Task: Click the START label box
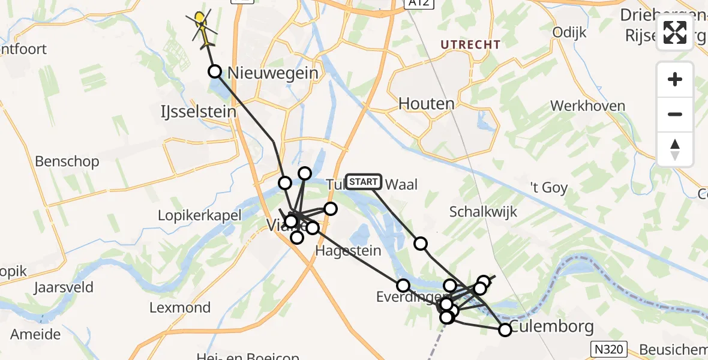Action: click(x=364, y=181)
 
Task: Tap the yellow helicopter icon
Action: click(x=202, y=27)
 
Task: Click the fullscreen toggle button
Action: click(x=675, y=32)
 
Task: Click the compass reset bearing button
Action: click(x=675, y=149)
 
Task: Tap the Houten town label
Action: click(x=427, y=104)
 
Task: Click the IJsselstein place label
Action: click(x=198, y=112)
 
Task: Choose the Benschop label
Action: click(x=67, y=161)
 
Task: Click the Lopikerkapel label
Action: click(x=199, y=215)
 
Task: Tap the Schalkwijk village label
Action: click(x=483, y=211)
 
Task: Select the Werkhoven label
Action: click(x=587, y=106)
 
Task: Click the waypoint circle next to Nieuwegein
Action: click(x=215, y=72)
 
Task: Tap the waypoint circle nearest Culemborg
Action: click(x=505, y=329)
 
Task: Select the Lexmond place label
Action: click(x=180, y=308)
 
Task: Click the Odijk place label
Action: click(x=569, y=32)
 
